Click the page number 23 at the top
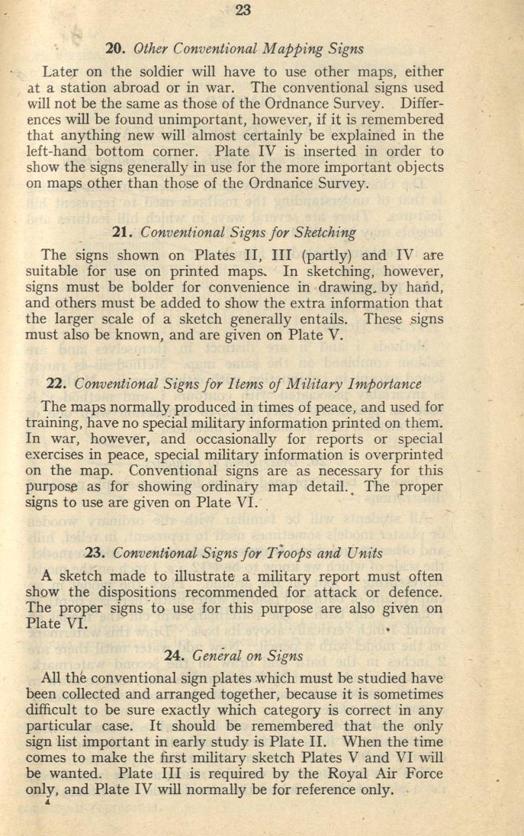pos(243,10)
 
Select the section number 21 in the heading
pos(124,233)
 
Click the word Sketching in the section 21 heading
pos(323,233)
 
